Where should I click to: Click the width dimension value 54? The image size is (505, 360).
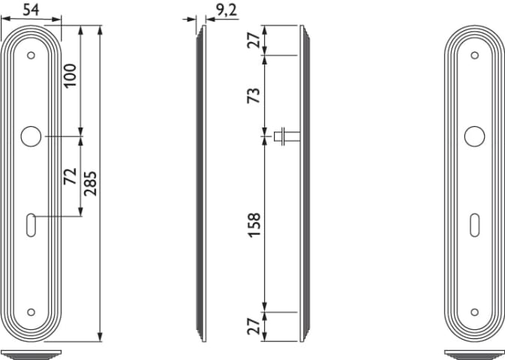click(31, 9)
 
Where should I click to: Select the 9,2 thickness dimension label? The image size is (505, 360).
click(226, 10)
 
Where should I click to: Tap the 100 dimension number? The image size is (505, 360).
click(70, 75)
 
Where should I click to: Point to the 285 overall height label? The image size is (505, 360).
click(90, 184)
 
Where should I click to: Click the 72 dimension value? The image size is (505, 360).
click(70, 176)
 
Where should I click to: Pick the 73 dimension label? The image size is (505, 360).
click(254, 95)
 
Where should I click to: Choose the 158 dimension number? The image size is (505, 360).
click(254, 225)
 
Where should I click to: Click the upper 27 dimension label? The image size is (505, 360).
click(254, 40)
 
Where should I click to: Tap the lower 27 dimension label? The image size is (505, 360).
click(254, 325)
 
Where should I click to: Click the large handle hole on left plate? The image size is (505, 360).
click(31, 136)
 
